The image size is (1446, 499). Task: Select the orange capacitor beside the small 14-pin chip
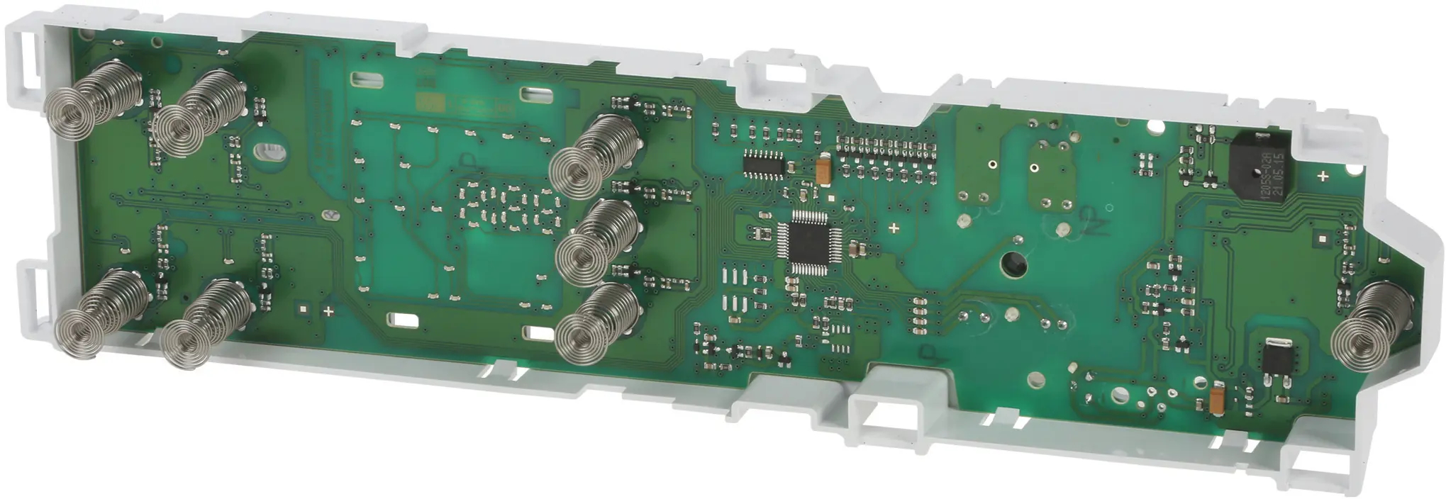tap(824, 169)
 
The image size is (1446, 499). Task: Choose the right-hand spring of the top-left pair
tap(195, 113)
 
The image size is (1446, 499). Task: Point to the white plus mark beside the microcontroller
tap(894, 228)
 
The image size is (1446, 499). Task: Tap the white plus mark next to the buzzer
tap(1323, 176)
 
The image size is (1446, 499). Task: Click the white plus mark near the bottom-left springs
tap(328, 310)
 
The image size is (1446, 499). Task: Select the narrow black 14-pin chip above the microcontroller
tap(763, 163)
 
